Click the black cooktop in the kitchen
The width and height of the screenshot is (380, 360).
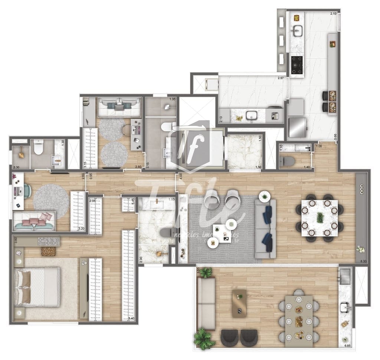tap(297, 65)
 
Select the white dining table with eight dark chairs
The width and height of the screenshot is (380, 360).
tap(320, 218)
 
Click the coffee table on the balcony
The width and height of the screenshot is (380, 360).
tap(239, 303)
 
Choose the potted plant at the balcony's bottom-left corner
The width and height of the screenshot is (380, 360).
tap(203, 338)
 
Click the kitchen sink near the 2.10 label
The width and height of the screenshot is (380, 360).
tap(297, 32)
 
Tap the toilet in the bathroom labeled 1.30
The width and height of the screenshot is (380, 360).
tap(38, 149)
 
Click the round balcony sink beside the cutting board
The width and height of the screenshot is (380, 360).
tap(345, 307)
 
